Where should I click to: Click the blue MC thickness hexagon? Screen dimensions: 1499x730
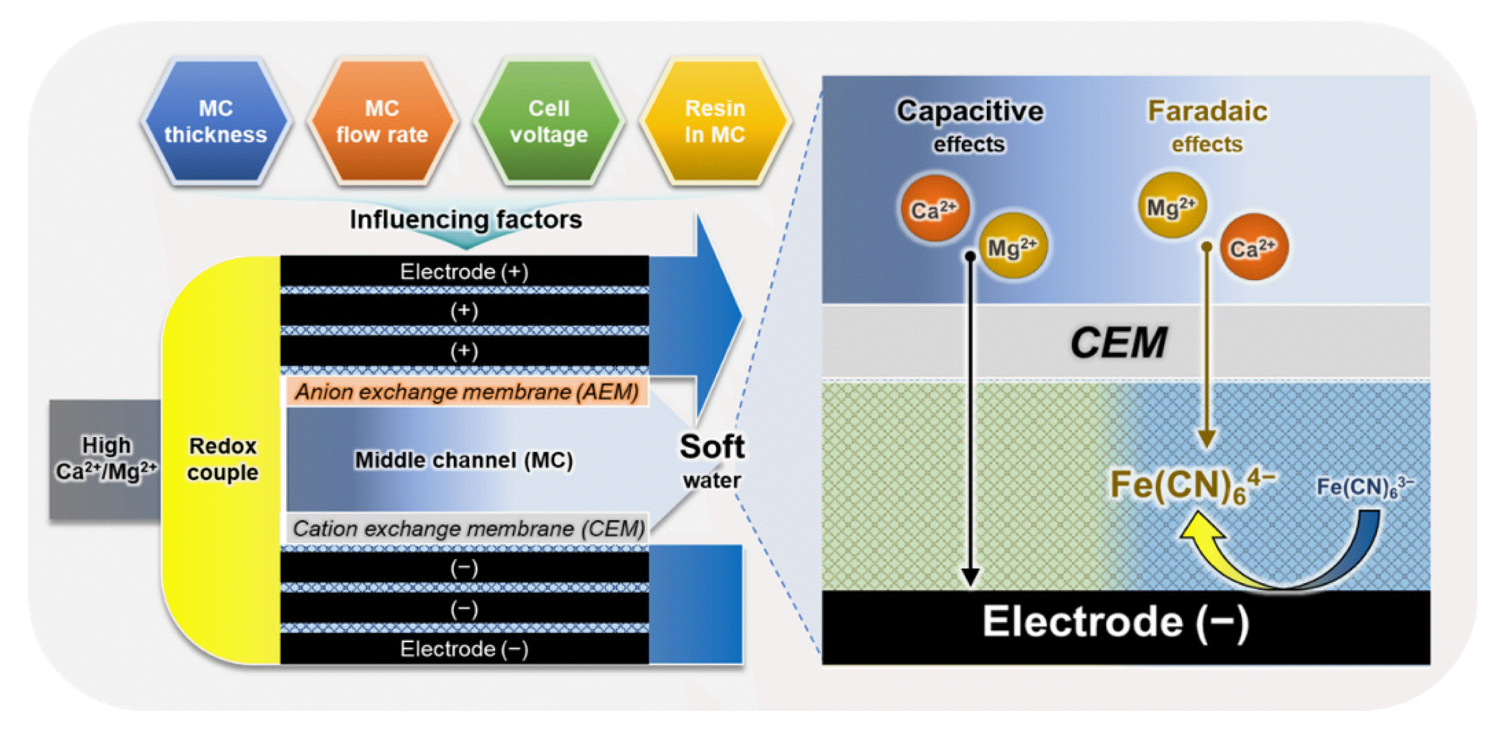pyautogui.click(x=216, y=121)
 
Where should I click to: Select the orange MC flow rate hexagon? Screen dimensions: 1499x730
pyautogui.click(x=383, y=121)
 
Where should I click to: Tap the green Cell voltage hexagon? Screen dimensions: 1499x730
pyautogui.click(x=549, y=121)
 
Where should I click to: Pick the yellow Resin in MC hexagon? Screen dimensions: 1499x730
pyautogui.click(x=716, y=121)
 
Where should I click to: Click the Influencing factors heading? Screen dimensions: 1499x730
pyautogui.click(x=466, y=220)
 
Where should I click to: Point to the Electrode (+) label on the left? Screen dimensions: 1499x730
pyautogui.click(x=464, y=272)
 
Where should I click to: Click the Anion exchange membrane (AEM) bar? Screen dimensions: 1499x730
pyautogui.click(x=467, y=392)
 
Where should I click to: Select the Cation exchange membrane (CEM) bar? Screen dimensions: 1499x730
pyautogui.click(x=468, y=529)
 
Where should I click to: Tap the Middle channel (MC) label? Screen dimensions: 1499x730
pyautogui.click(x=464, y=460)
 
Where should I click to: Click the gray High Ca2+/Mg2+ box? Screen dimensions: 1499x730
pyautogui.click(x=105, y=460)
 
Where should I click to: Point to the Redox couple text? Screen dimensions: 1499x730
pyautogui.click(x=222, y=459)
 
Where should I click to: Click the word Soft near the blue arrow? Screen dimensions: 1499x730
pyautogui.click(x=712, y=447)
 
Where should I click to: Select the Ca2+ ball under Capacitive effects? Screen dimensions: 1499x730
pyautogui.click(x=935, y=208)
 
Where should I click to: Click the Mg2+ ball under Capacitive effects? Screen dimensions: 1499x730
pyautogui.click(x=1013, y=247)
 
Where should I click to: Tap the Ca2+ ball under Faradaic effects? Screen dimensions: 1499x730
pyautogui.click(x=1254, y=247)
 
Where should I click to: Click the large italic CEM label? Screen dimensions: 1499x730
pyautogui.click(x=1118, y=343)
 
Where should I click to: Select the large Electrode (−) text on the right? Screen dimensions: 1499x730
pyautogui.click(x=1115, y=622)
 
